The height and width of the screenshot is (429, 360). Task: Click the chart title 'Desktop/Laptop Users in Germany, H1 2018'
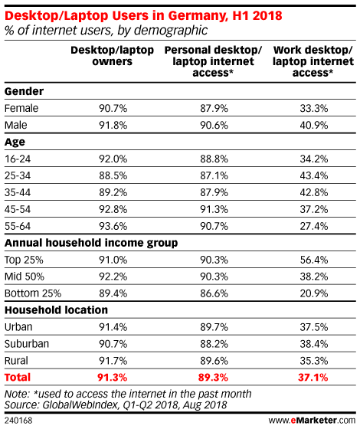[x=143, y=15]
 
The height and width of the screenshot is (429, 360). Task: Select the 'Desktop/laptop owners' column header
[x=112, y=56]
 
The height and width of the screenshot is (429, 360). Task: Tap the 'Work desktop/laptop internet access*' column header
[x=313, y=61]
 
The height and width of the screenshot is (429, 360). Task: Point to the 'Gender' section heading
[x=24, y=91]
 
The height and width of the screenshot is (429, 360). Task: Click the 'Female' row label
[x=21, y=108]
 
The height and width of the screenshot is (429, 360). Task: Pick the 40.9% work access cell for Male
[x=314, y=126]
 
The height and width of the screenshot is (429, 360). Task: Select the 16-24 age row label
[x=18, y=159]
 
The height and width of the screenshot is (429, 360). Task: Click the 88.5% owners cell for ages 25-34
[x=113, y=175]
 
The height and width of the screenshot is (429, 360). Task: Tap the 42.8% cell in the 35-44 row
[x=314, y=192]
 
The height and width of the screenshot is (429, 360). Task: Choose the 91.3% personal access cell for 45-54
[x=214, y=210]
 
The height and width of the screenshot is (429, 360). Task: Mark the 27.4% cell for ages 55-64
[x=314, y=226]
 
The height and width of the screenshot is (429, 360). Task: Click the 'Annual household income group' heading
[x=91, y=244]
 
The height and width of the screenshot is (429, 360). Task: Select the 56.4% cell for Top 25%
[x=314, y=260]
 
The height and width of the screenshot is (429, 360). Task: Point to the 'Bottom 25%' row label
[x=33, y=293]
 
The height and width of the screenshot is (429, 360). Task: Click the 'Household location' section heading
[x=56, y=310]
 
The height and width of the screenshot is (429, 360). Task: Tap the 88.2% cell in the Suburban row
[x=214, y=344]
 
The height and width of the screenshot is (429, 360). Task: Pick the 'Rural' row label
[x=16, y=361]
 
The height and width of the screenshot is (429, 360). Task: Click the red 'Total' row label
[x=18, y=378]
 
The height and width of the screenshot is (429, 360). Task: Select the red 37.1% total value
[x=313, y=378]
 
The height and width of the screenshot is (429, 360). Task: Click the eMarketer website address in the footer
[x=312, y=421]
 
